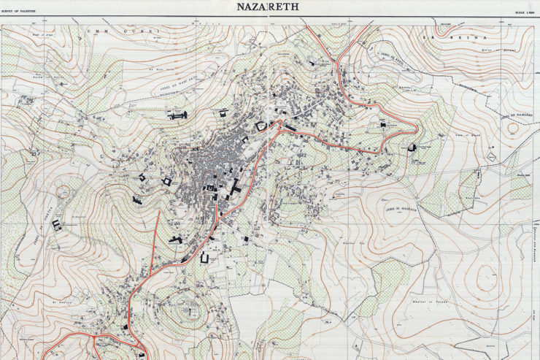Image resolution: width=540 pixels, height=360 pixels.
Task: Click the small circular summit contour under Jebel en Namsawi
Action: click(512, 129)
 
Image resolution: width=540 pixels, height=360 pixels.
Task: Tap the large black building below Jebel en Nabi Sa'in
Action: click(177, 115)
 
